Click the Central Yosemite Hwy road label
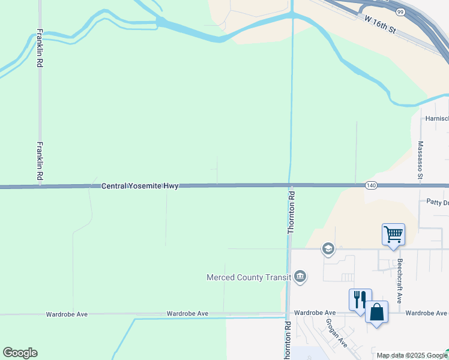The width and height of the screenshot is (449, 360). tap(140, 187)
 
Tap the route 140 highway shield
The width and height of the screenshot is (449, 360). tap(371, 186)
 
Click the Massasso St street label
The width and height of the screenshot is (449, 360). tap(421, 160)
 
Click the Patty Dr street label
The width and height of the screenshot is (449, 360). tap(437, 203)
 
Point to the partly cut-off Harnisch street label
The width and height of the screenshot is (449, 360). tap(436, 119)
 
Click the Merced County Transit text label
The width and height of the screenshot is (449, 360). tap(249, 277)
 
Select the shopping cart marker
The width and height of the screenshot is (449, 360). tap(393, 234)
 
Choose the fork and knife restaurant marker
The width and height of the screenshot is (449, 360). tap(360, 299)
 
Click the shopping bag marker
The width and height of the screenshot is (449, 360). tap(376, 312)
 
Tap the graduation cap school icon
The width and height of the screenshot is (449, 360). tap(328, 248)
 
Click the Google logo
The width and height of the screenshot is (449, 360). tap(20, 353)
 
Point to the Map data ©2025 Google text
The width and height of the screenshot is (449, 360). tap(412, 355)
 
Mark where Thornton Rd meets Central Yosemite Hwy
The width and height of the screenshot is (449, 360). tap(290, 186)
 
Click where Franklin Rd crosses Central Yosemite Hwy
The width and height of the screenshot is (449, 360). tap(41, 187)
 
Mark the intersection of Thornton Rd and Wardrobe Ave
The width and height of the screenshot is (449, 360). tap(287, 313)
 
